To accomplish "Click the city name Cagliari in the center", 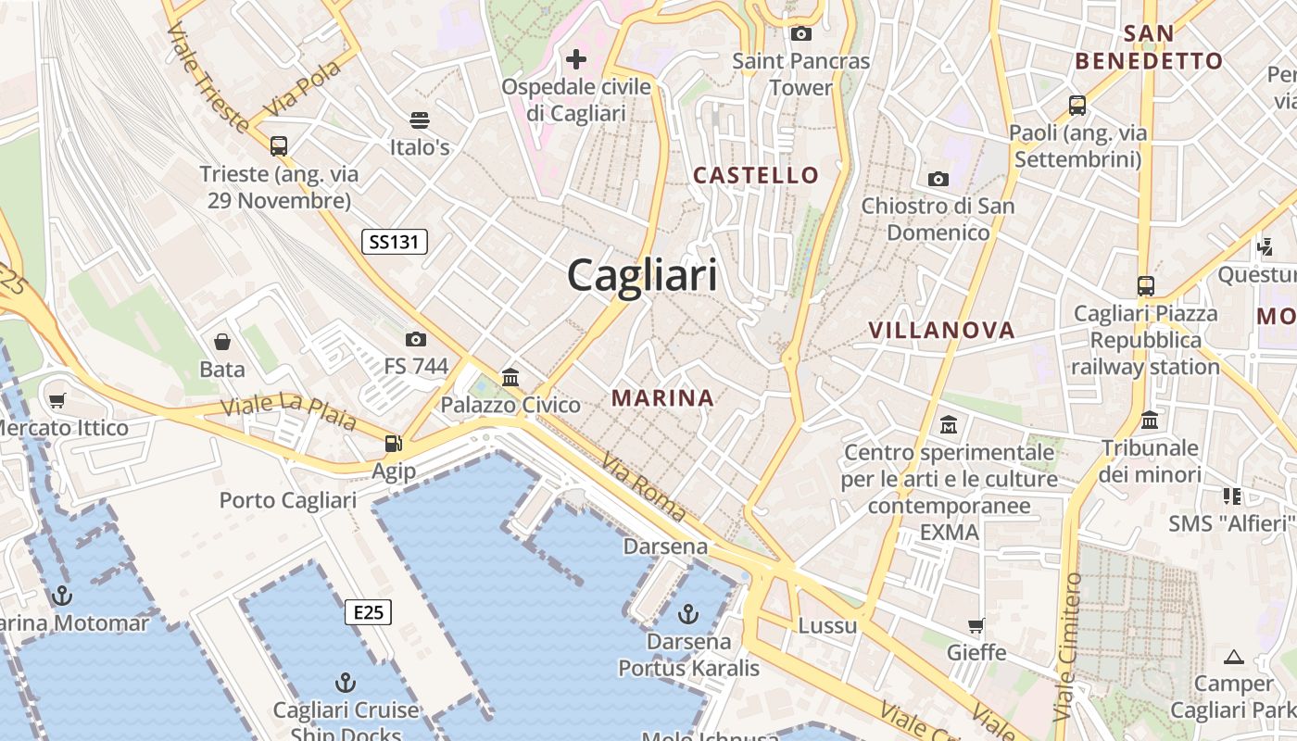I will tap(642, 275).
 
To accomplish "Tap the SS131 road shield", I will tap(394, 243).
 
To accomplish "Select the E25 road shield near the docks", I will tap(368, 612).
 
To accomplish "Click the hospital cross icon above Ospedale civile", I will tap(576, 60).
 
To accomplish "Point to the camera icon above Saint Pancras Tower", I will tap(800, 34).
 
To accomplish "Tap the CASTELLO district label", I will tap(756, 175).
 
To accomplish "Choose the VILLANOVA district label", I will tap(941, 330).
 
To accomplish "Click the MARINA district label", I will tap(662, 398).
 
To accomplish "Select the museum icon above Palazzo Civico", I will tap(510, 377).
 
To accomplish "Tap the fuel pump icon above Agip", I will tap(394, 444).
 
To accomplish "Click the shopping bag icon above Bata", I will tap(222, 342).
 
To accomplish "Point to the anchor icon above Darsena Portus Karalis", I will tap(687, 613).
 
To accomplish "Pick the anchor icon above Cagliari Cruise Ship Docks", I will tap(345, 684).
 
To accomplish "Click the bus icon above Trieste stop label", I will tap(279, 145).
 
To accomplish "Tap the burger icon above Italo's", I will tap(420, 119).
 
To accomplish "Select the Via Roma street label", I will tap(643, 486).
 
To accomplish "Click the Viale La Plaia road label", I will tap(288, 413).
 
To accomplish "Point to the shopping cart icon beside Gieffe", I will tap(976, 625).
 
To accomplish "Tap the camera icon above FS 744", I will tap(416, 339).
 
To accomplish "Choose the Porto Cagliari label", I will tap(287, 501).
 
